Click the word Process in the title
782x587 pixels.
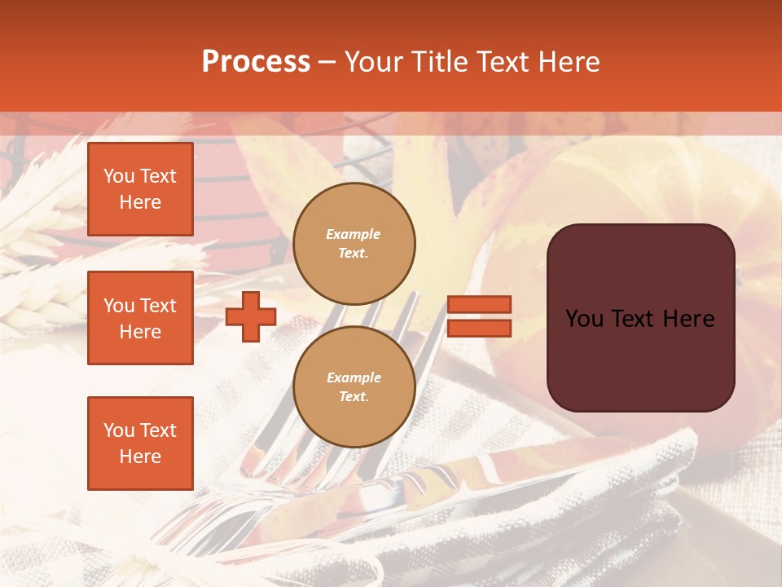click(256, 62)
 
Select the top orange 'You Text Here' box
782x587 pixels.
click(140, 189)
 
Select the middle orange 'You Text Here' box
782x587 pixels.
click(140, 318)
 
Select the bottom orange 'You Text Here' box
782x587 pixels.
click(140, 443)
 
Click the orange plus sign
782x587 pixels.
click(251, 316)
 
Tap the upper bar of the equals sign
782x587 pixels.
click(480, 304)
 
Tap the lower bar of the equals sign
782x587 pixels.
click(480, 328)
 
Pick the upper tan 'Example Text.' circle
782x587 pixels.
click(354, 244)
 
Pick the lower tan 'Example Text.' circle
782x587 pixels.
click(354, 386)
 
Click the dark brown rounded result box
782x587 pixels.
click(640, 359)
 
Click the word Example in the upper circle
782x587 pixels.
click(354, 234)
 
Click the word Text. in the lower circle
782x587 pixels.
click(354, 396)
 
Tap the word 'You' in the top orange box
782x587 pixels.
click(119, 176)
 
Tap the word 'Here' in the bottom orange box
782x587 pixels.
click(140, 457)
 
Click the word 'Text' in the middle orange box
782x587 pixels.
click(158, 306)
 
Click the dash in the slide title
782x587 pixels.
click(327, 62)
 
